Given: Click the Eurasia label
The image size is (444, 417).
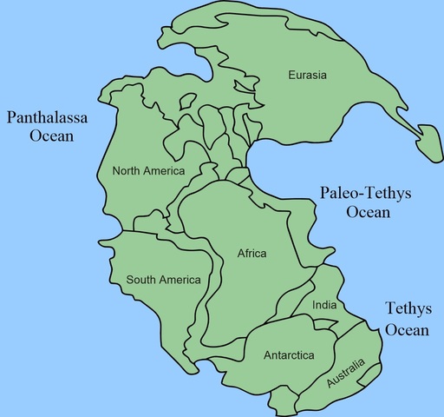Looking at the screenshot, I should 307,76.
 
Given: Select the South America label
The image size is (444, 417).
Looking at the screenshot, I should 163,280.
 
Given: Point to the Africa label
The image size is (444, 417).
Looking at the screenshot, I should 251,254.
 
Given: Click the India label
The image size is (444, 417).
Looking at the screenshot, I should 324,307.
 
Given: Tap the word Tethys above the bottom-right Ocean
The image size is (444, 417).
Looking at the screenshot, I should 407,311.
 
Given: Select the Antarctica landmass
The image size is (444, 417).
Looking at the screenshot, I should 277,374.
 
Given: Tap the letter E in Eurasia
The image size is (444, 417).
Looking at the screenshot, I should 291,76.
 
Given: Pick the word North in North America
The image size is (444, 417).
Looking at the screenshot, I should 127,171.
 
